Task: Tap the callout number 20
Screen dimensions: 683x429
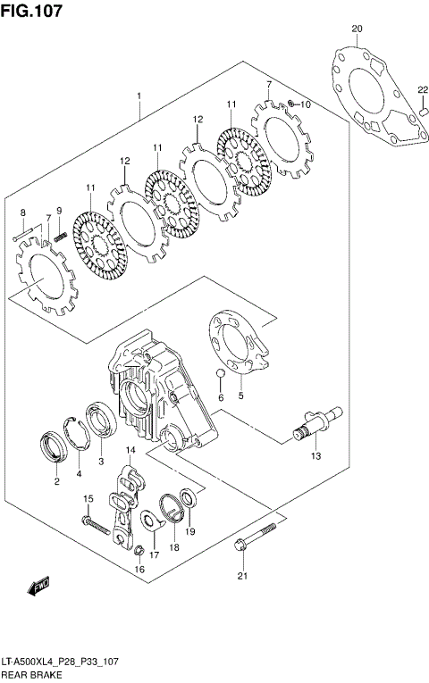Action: point(357,29)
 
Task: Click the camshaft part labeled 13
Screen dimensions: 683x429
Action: point(314,425)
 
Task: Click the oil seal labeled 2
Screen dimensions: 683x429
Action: point(55,446)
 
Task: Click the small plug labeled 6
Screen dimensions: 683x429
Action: point(219,375)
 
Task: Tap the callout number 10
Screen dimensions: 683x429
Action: point(305,104)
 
